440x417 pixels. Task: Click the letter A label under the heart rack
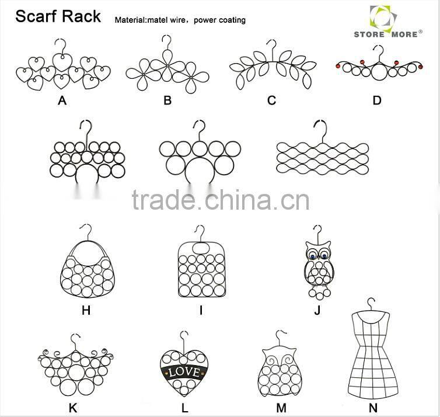tap(62, 100)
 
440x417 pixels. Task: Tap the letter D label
tap(377, 100)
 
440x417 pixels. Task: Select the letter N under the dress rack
tap(373, 408)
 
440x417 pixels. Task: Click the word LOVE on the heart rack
tap(184, 372)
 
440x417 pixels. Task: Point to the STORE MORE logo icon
tap(383, 18)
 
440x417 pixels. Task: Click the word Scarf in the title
tap(34, 16)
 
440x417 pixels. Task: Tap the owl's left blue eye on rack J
tap(312, 256)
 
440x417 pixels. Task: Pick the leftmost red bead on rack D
tap(338, 66)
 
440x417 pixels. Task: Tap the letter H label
tap(86, 310)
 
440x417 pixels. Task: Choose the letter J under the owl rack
tap(317, 310)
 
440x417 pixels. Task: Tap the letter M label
tap(281, 408)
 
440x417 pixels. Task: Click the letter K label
tap(73, 408)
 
